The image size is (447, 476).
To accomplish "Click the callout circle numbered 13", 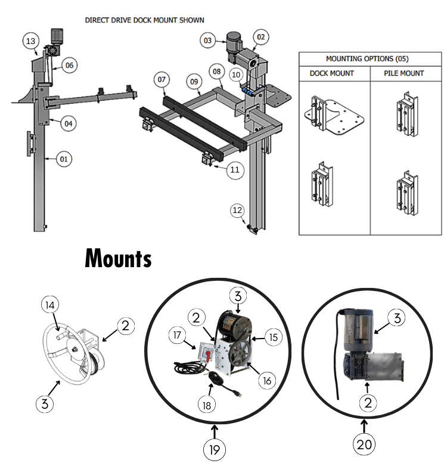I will pyautogui.click(x=32, y=41).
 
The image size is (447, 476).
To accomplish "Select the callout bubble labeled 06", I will pyautogui.click(x=69, y=65).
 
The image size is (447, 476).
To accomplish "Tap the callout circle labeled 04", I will pyautogui.click(x=69, y=124).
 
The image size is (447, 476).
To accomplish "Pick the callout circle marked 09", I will pyautogui.click(x=194, y=81).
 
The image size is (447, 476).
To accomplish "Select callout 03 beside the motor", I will pyautogui.click(x=207, y=41).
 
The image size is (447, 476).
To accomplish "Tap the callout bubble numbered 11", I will pyautogui.click(x=235, y=170).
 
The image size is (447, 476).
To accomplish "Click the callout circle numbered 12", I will pyautogui.click(x=238, y=210).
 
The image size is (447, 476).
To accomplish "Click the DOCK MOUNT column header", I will pyautogui.click(x=332, y=73).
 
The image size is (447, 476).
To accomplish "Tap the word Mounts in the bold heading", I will pyautogui.click(x=118, y=259).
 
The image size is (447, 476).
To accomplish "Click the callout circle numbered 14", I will pyautogui.click(x=51, y=305).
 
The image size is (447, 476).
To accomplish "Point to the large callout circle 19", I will pyautogui.click(x=215, y=450).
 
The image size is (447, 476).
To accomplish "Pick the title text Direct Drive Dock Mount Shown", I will pyautogui.click(x=145, y=20).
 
